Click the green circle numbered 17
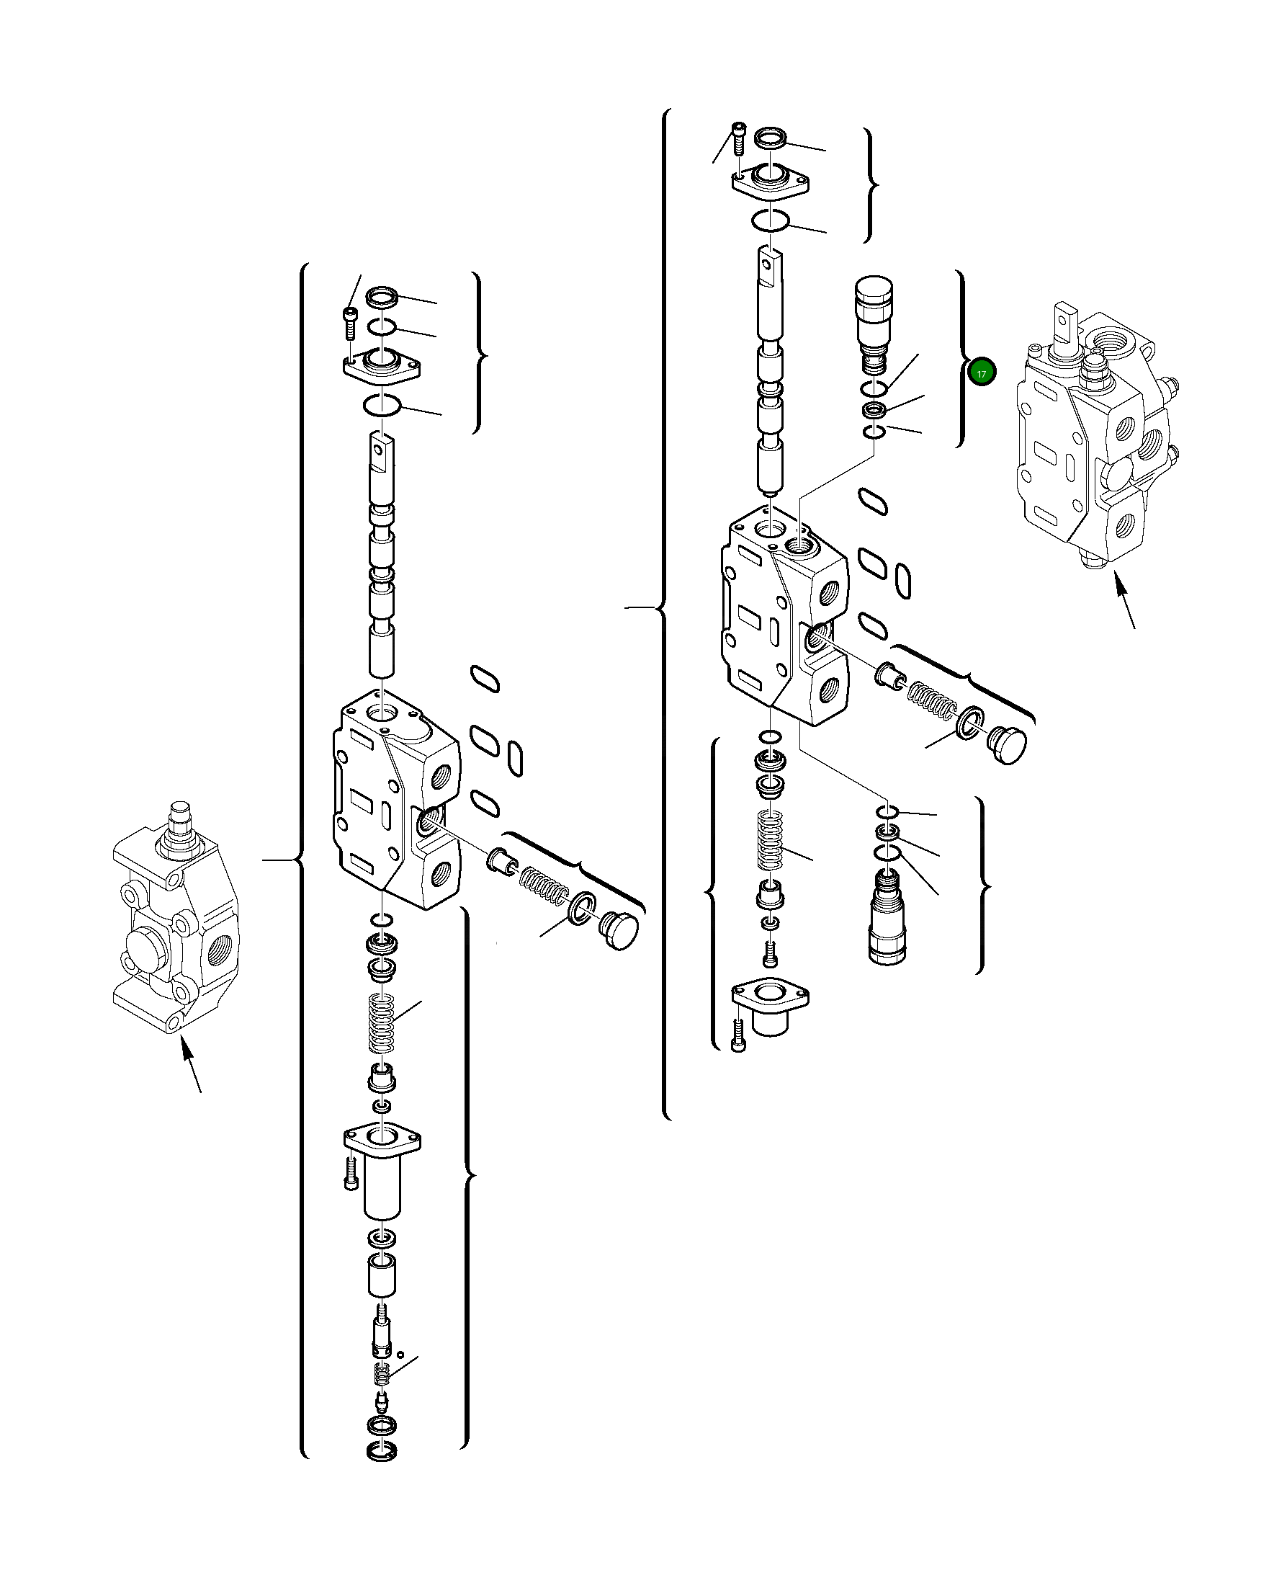pos(982,373)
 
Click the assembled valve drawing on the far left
pos(176,919)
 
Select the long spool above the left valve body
pos(382,556)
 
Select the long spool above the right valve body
pos(771,371)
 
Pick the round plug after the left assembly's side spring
pos(620,931)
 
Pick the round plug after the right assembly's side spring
pos(1008,745)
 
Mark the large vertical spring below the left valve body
pos(382,1025)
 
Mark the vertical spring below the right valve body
pos(771,841)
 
